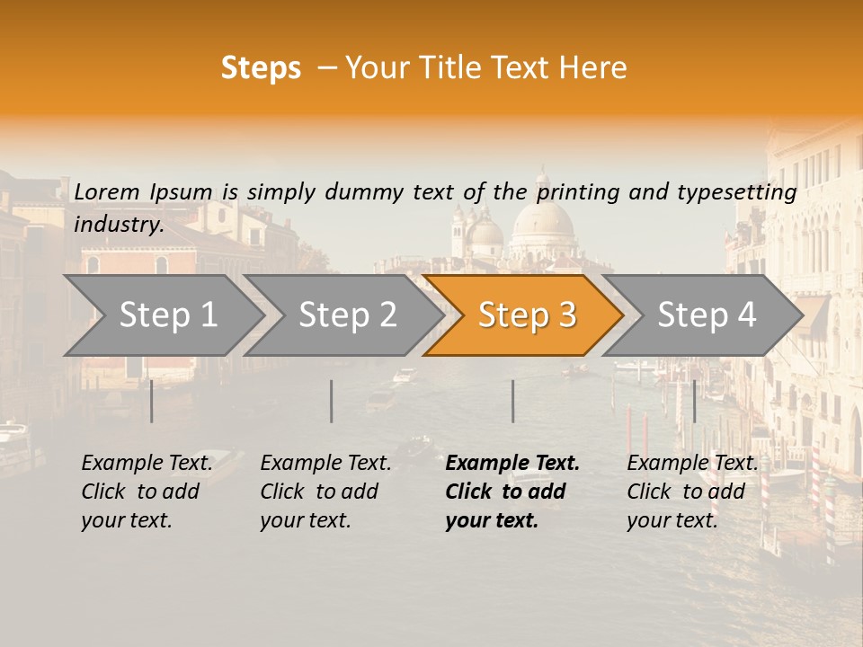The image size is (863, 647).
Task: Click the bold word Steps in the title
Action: click(x=261, y=68)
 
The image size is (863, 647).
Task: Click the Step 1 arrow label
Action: click(x=168, y=315)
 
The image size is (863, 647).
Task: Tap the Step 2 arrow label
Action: click(x=347, y=315)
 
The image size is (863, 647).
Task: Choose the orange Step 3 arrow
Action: click(x=527, y=315)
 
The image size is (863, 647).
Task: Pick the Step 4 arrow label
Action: click(x=707, y=315)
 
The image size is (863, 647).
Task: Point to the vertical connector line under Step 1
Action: click(x=151, y=401)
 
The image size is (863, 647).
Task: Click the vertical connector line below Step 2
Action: click(x=332, y=401)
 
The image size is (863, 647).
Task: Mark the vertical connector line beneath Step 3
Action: click(x=513, y=401)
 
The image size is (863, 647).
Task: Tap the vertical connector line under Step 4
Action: click(x=694, y=401)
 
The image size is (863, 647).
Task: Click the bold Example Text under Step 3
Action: click(x=512, y=464)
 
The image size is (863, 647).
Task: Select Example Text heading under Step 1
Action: click(x=147, y=464)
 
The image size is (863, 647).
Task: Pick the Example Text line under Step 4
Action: click(x=692, y=464)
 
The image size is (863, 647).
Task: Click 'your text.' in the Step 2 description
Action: click(x=305, y=520)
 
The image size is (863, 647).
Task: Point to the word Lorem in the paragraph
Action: click(x=107, y=191)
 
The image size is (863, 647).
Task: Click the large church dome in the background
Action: click(x=542, y=220)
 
